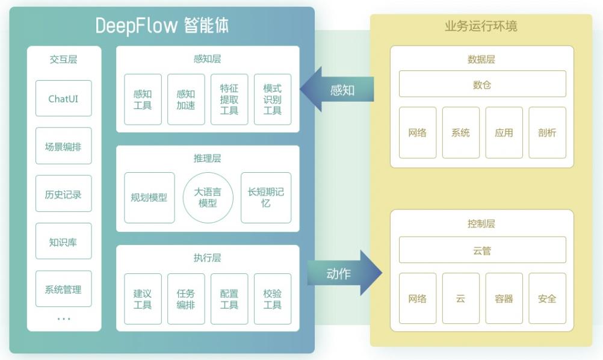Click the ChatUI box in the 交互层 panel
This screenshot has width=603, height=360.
coord(64,98)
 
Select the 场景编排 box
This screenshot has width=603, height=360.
coord(64,146)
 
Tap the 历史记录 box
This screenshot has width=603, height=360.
coord(64,194)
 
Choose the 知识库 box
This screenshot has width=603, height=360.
coord(64,241)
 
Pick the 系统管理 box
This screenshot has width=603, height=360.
coord(64,289)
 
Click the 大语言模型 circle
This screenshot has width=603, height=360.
coord(208,197)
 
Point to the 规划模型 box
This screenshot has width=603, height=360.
coord(149,197)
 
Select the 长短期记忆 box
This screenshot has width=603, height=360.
coord(265,197)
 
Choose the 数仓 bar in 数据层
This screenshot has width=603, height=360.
coord(482,84)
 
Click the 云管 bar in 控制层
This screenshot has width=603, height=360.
coord(482,250)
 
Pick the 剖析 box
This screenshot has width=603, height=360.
coord(547,132)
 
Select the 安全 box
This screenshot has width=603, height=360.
coord(547,299)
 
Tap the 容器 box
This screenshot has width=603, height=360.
coord(504,299)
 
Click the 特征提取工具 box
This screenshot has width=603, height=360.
coord(229,99)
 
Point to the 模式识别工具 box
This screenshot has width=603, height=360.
coord(273,99)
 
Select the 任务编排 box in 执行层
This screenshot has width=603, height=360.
coord(186,299)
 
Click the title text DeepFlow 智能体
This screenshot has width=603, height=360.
coord(162,26)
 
